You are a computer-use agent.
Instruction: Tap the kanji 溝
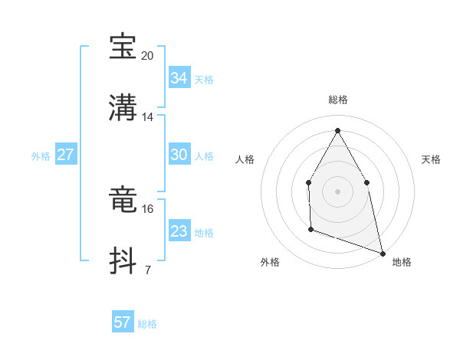click(123, 106)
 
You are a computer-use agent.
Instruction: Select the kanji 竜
click(123, 200)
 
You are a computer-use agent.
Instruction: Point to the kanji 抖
click(123, 259)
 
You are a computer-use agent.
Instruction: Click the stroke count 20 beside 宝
click(148, 56)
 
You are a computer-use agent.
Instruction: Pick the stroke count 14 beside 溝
click(148, 116)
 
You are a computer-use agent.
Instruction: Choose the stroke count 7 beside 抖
click(147, 270)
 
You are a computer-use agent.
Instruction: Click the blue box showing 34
click(179, 78)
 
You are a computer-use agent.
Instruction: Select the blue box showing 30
click(179, 155)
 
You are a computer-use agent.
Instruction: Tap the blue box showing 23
click(179, 231)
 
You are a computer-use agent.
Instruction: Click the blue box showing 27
click(65, 155)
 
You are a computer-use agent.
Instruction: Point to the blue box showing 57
click(122, 322)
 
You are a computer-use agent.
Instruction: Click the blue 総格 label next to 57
click(147, 324)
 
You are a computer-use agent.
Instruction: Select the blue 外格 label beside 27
click(41, 156)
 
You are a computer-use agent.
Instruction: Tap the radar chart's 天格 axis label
click(432, 159)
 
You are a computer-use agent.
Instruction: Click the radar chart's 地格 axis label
click(402, 263)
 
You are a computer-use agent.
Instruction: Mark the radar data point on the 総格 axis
click(337, 130)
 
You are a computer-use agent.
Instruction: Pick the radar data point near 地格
click(382, 252)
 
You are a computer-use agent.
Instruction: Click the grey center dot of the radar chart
click(337, 191)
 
